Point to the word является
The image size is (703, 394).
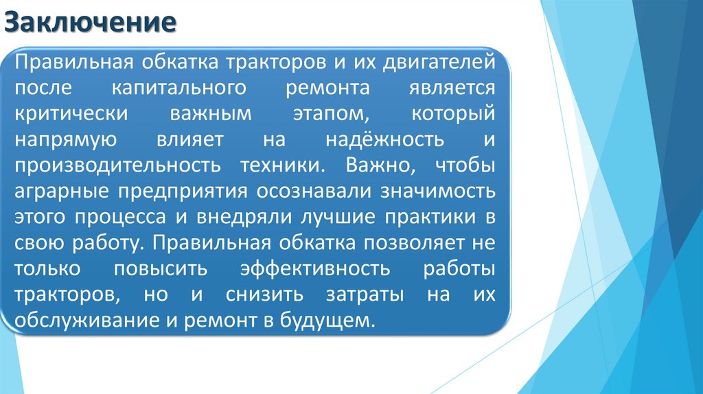(452, 89)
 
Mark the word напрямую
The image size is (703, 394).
(62, 141)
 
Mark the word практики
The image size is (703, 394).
(423, 218)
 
